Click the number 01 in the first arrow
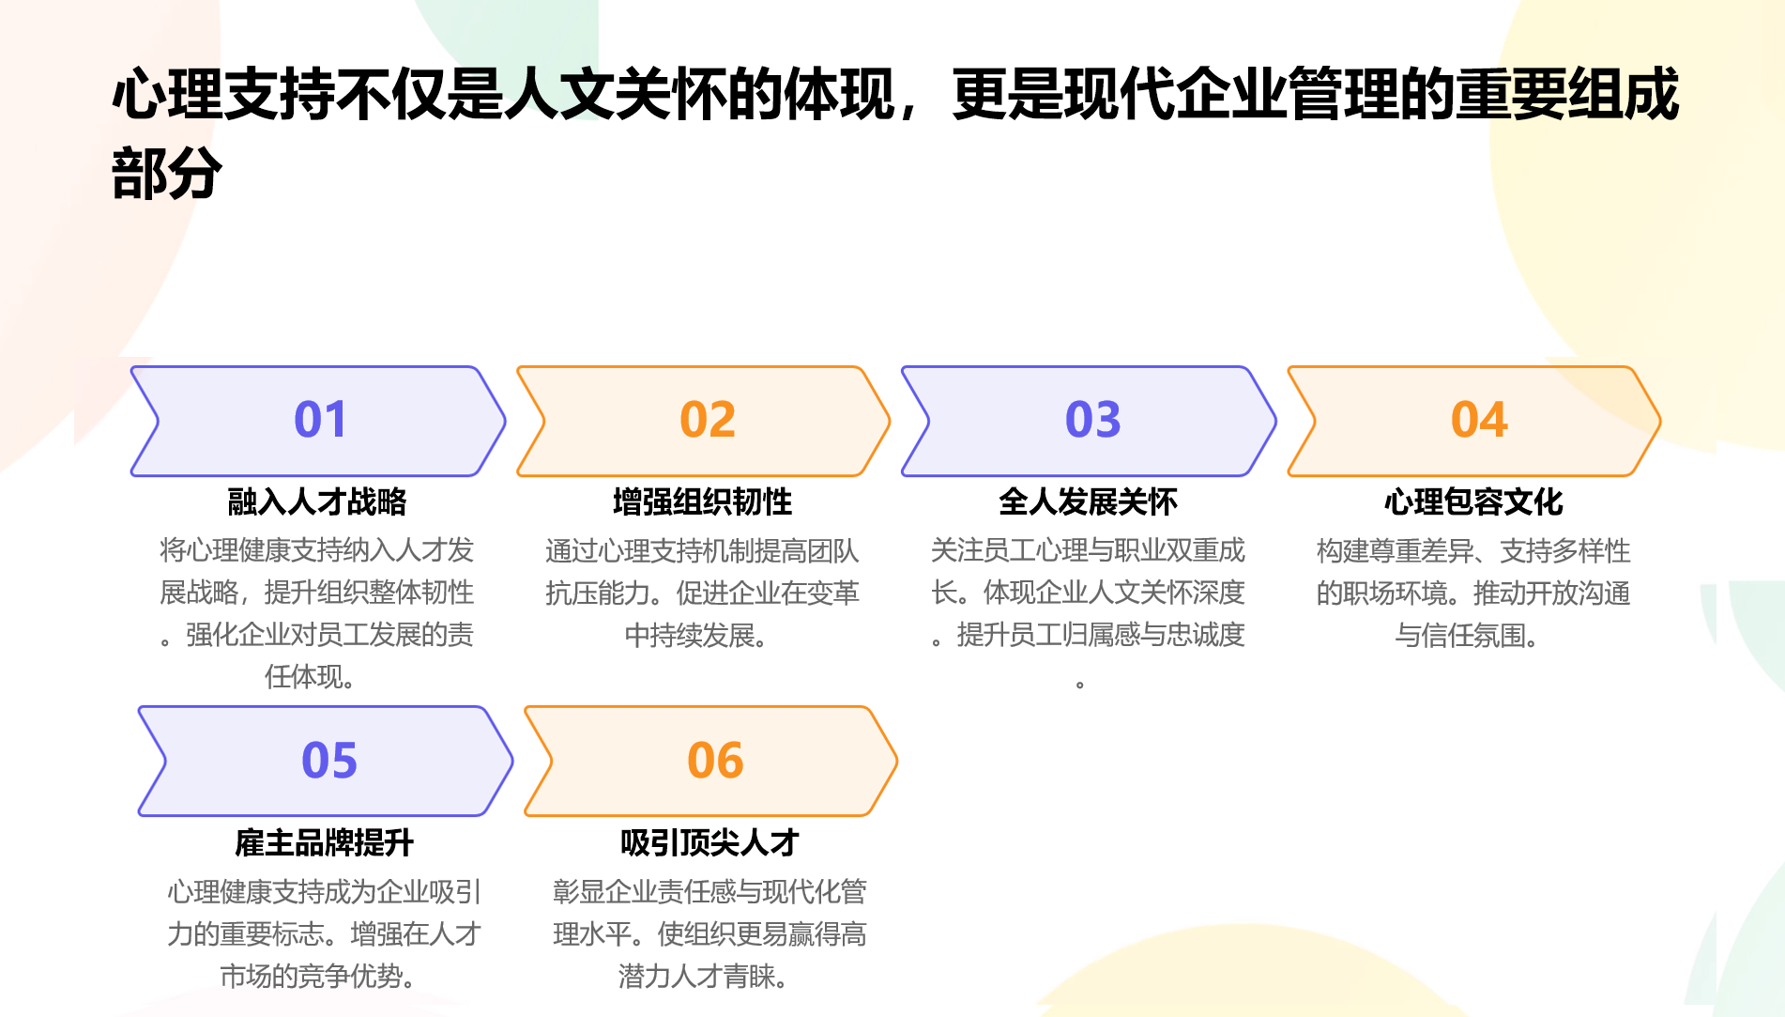pyautogui.click(x=320, y=419)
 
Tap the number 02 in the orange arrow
pyautogui.click(x=708, y=419)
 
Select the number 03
pyautogui.click(x=1093, y=419)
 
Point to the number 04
pyautogui.click(x=1479, y=419)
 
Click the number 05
pyautogui.click(x=329, y=760)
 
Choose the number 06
pyautogui.click(x=715, y=760)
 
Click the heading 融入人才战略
pyautogui.click(x=317, y=501)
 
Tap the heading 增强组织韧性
pyautogui.click(x=703, y=501)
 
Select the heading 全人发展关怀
pyautogui.click(x=1089, y=501)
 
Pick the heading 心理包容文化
pyautogui.click(x=1474, y=501)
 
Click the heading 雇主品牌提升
pyautogui.click(x=325, y=842)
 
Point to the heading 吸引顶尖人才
pyautogui.click(x=710, y=842)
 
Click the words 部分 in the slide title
pyautogui.click(x=167, y=173)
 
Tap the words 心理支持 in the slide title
pyautogui.click(x=223, y=94)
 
